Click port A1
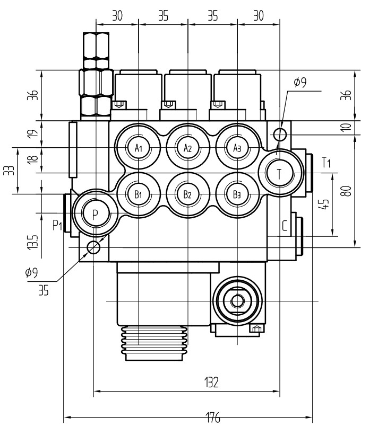coord(139,147)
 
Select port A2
coord(187,147)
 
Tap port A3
coord(237,147)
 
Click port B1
coord(139,194)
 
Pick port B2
coord(187,194)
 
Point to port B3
coord(237,194)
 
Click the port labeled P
coord(95,213)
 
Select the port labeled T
coord(279,173)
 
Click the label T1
coord(326,162)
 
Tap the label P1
coord(57,226)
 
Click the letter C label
coord(285,227)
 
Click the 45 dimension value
coord(327,204)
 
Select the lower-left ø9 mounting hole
coord(93,247)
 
